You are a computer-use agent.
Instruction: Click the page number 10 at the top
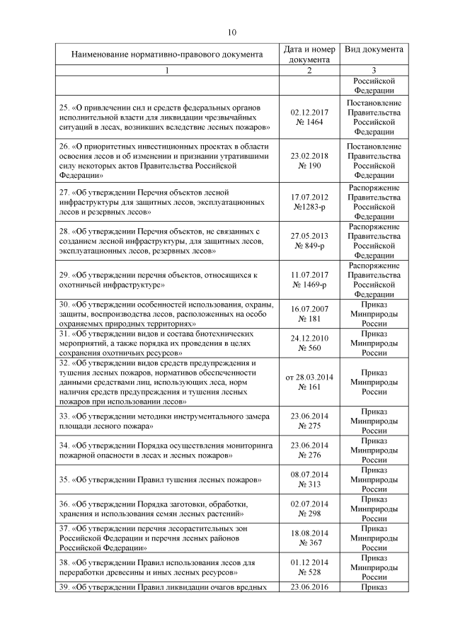pos(232,32)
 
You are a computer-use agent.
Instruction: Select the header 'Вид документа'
pos(374,50)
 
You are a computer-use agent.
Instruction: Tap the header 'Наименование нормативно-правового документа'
pos(167,54)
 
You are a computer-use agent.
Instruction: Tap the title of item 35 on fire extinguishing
pos(161,480)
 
